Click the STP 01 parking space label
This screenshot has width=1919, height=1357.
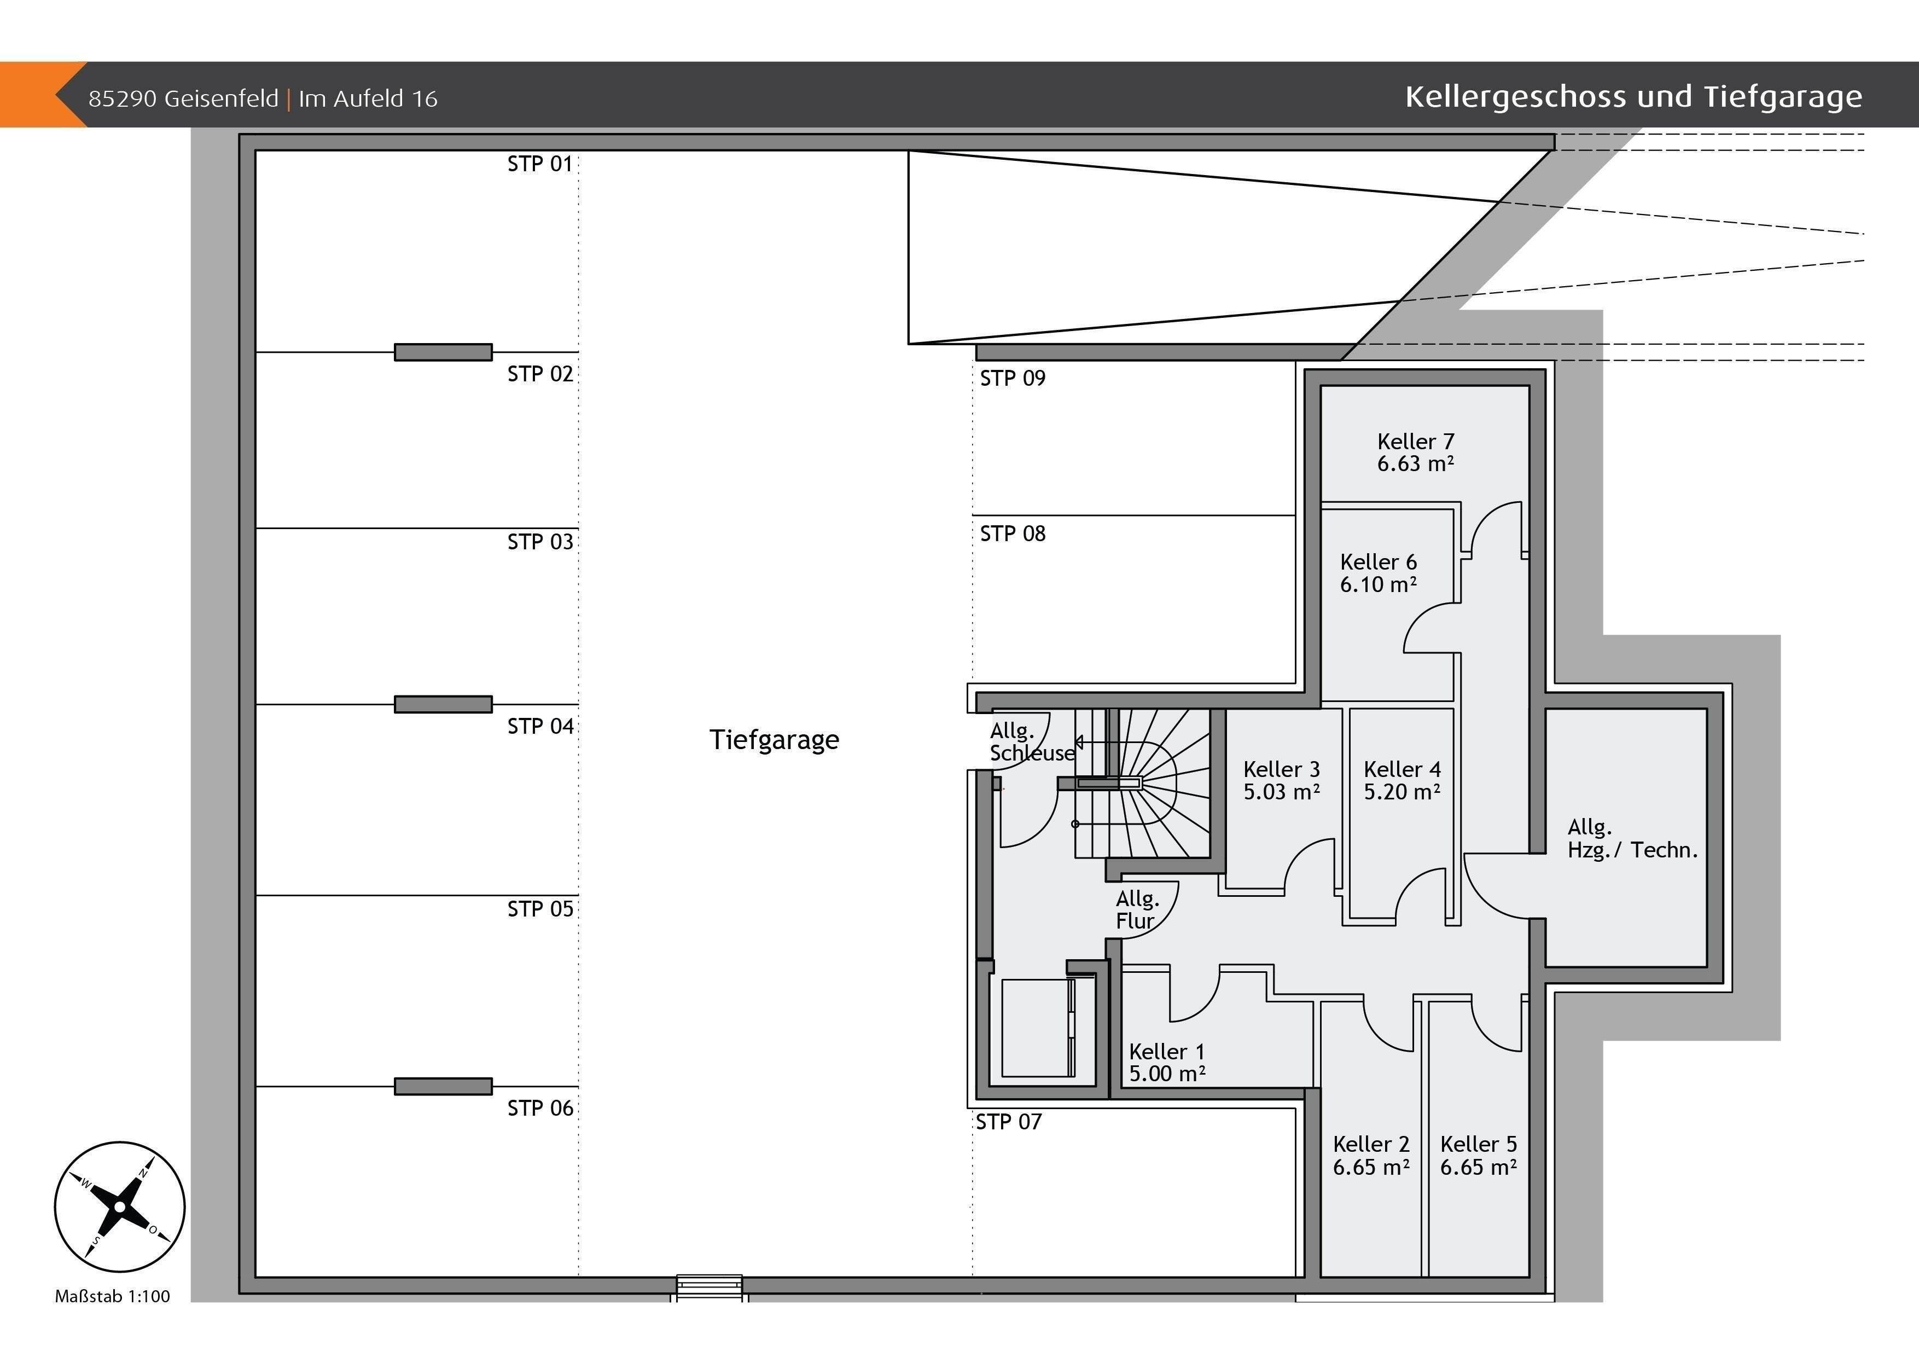tap(540, 164)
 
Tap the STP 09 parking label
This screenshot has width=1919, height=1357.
tap(1012, 378)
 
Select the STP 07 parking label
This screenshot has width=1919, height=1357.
tap(1009, 1121)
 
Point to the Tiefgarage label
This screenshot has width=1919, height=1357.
tap(774, 740)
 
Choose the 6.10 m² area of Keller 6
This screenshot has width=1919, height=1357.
tap(1378, 584)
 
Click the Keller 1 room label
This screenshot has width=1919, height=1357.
tap(1167, 1051)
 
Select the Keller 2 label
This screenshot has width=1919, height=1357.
tap(1371, 1144)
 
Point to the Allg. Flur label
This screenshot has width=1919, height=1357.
tap(1137, 910)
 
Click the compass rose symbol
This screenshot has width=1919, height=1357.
tap(119, 1207)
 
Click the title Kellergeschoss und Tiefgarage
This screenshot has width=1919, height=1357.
tap(1633, 97)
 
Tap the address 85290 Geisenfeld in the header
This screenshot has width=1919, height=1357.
tap(183, 98)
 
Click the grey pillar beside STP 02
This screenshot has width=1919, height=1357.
tap(443, 352)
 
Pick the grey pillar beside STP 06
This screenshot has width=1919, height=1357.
tap(443, 1086)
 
